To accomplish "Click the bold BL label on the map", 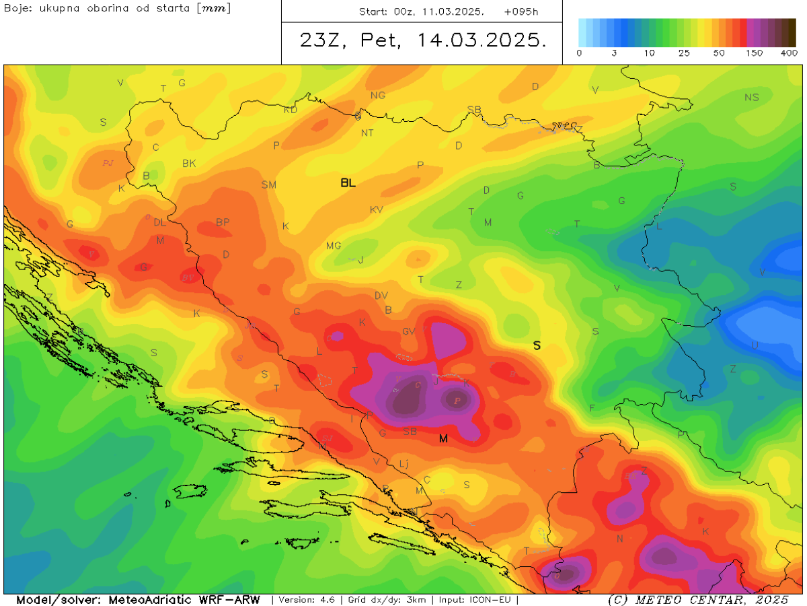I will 348,182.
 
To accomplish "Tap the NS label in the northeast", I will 751,98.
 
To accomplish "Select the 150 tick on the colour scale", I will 754,53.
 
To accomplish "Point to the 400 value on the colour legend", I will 788,53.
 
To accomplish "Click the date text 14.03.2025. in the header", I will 481,40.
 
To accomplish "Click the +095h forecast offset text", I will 521,12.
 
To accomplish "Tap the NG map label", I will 378,96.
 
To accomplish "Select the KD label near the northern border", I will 291,110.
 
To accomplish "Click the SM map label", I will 268,184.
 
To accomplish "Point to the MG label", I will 334,246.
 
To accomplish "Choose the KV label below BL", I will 377,210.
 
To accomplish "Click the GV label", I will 409,331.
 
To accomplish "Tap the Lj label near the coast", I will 403,463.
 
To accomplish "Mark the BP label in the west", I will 223,222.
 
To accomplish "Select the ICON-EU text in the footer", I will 494,599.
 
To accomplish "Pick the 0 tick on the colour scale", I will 579,53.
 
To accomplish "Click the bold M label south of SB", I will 443,439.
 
